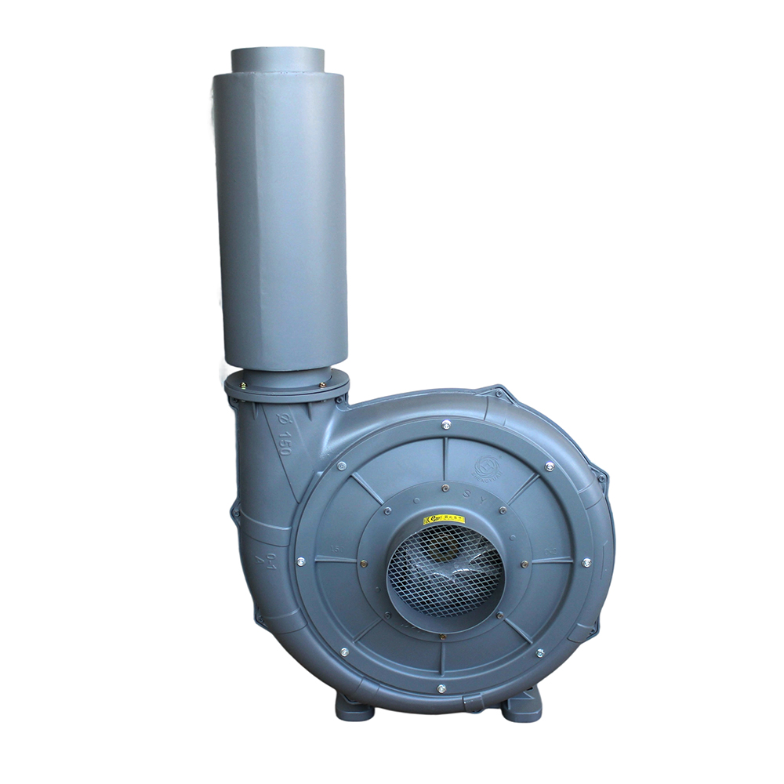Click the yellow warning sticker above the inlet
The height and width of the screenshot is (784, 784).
point(445,519)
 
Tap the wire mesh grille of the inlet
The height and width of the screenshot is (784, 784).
point(445,568)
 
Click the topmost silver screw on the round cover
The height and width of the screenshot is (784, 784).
point(446,425)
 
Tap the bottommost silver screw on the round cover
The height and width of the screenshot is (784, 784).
point(441,689)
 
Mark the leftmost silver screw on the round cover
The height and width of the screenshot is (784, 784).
point(300,561)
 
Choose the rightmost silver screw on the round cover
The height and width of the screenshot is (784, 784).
point(586,562)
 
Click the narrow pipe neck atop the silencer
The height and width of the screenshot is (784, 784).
point(278,60)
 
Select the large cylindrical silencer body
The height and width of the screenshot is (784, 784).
point(281,220)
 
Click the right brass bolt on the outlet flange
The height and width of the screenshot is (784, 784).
point(321,384)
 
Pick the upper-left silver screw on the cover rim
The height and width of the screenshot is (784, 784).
point(342,466)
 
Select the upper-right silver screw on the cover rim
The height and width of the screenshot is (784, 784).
point(549,466)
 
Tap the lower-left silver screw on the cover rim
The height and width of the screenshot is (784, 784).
point(343,651)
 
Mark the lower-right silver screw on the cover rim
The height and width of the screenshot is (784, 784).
point(539,652)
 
